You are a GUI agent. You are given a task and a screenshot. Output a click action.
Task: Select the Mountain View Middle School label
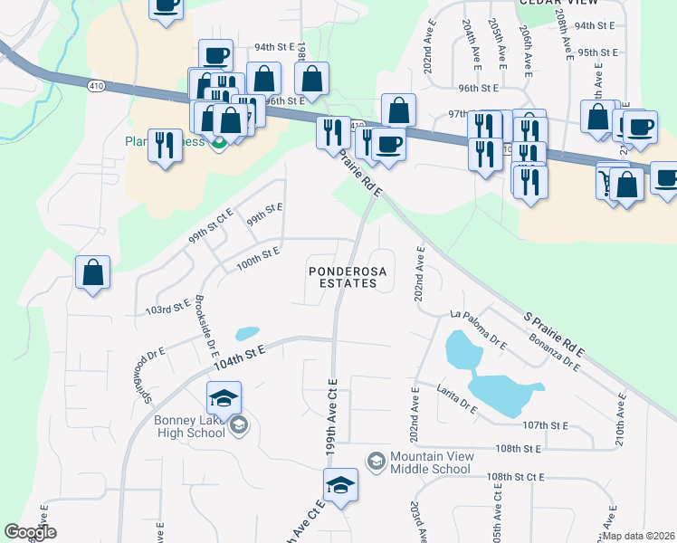pos(430,462)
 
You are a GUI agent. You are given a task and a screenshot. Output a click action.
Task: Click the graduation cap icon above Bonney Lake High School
pos(224,397)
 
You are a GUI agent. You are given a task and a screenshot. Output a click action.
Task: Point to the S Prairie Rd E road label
pos(555,334)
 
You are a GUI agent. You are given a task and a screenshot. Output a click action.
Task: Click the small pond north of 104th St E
pos(246,333)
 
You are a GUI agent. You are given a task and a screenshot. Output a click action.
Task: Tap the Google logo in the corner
pos(30,532)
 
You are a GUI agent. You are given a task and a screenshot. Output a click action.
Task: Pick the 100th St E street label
pos(258,256)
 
